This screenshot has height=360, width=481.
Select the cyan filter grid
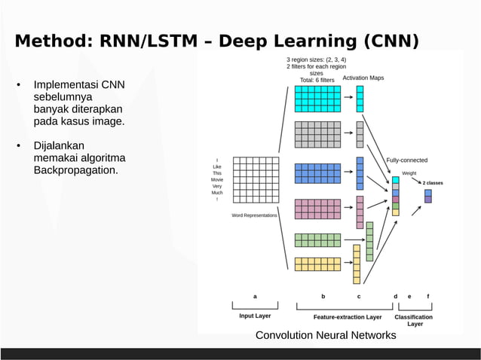click(x=317, y=99)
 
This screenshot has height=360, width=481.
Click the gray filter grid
click(x=317, y=134)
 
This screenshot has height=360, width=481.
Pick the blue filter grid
click(x=317, y=173)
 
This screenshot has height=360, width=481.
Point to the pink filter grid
click(x=317, y=209)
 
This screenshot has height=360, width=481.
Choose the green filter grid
click(x=317, y=240)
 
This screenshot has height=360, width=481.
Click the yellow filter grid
click(x=317, y=264)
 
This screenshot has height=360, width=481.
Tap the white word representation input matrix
click(x=255, y=180)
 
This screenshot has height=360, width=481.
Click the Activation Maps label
click(x=363, y=78)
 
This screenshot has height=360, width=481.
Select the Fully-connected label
click(x=406, y=160)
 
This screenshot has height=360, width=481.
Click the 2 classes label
click(x=432, y=183)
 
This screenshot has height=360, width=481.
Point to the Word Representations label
click(x=254, y=215)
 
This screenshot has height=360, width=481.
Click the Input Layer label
click(x=255, y=316)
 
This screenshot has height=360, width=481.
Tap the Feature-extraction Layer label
click(x=348, y=317)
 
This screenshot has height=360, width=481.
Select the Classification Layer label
click(x=414, y=320)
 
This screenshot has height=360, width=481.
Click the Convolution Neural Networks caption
click(x=326, y=335)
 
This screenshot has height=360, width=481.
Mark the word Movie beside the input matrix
click(x=217, y=180)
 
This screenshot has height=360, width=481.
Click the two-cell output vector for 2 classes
click(x=428, y=196)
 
